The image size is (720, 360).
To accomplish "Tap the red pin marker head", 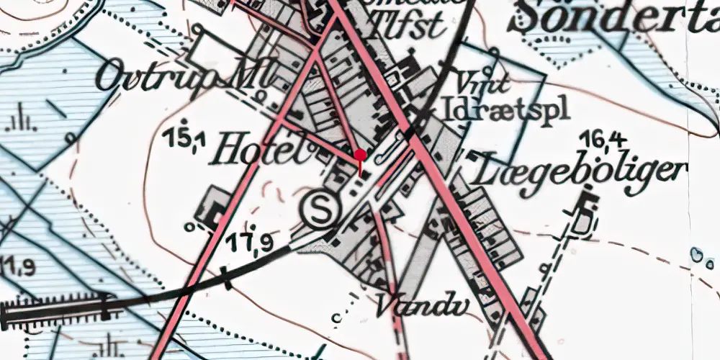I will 361,155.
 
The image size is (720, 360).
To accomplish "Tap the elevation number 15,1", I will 184,138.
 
